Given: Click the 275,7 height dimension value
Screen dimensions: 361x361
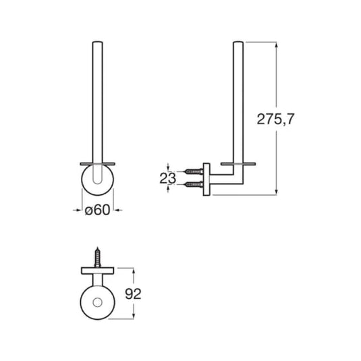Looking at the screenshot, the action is pos(275,119).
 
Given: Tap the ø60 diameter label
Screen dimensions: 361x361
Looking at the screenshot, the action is pos(97,210).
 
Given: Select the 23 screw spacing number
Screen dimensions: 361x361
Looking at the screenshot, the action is pos(167,178).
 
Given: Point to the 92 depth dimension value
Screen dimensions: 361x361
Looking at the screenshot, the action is pos(133,294).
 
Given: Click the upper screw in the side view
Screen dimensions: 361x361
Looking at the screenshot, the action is pos(194,171).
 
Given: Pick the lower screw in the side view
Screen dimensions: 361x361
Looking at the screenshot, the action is pos(194,184).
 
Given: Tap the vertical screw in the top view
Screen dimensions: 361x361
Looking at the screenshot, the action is pos(98,257).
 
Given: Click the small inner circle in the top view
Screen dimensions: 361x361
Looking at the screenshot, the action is pos(97,302).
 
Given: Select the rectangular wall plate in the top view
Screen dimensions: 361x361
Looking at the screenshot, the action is pos(98,271).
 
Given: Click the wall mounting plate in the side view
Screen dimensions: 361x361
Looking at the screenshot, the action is pos(206,179).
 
